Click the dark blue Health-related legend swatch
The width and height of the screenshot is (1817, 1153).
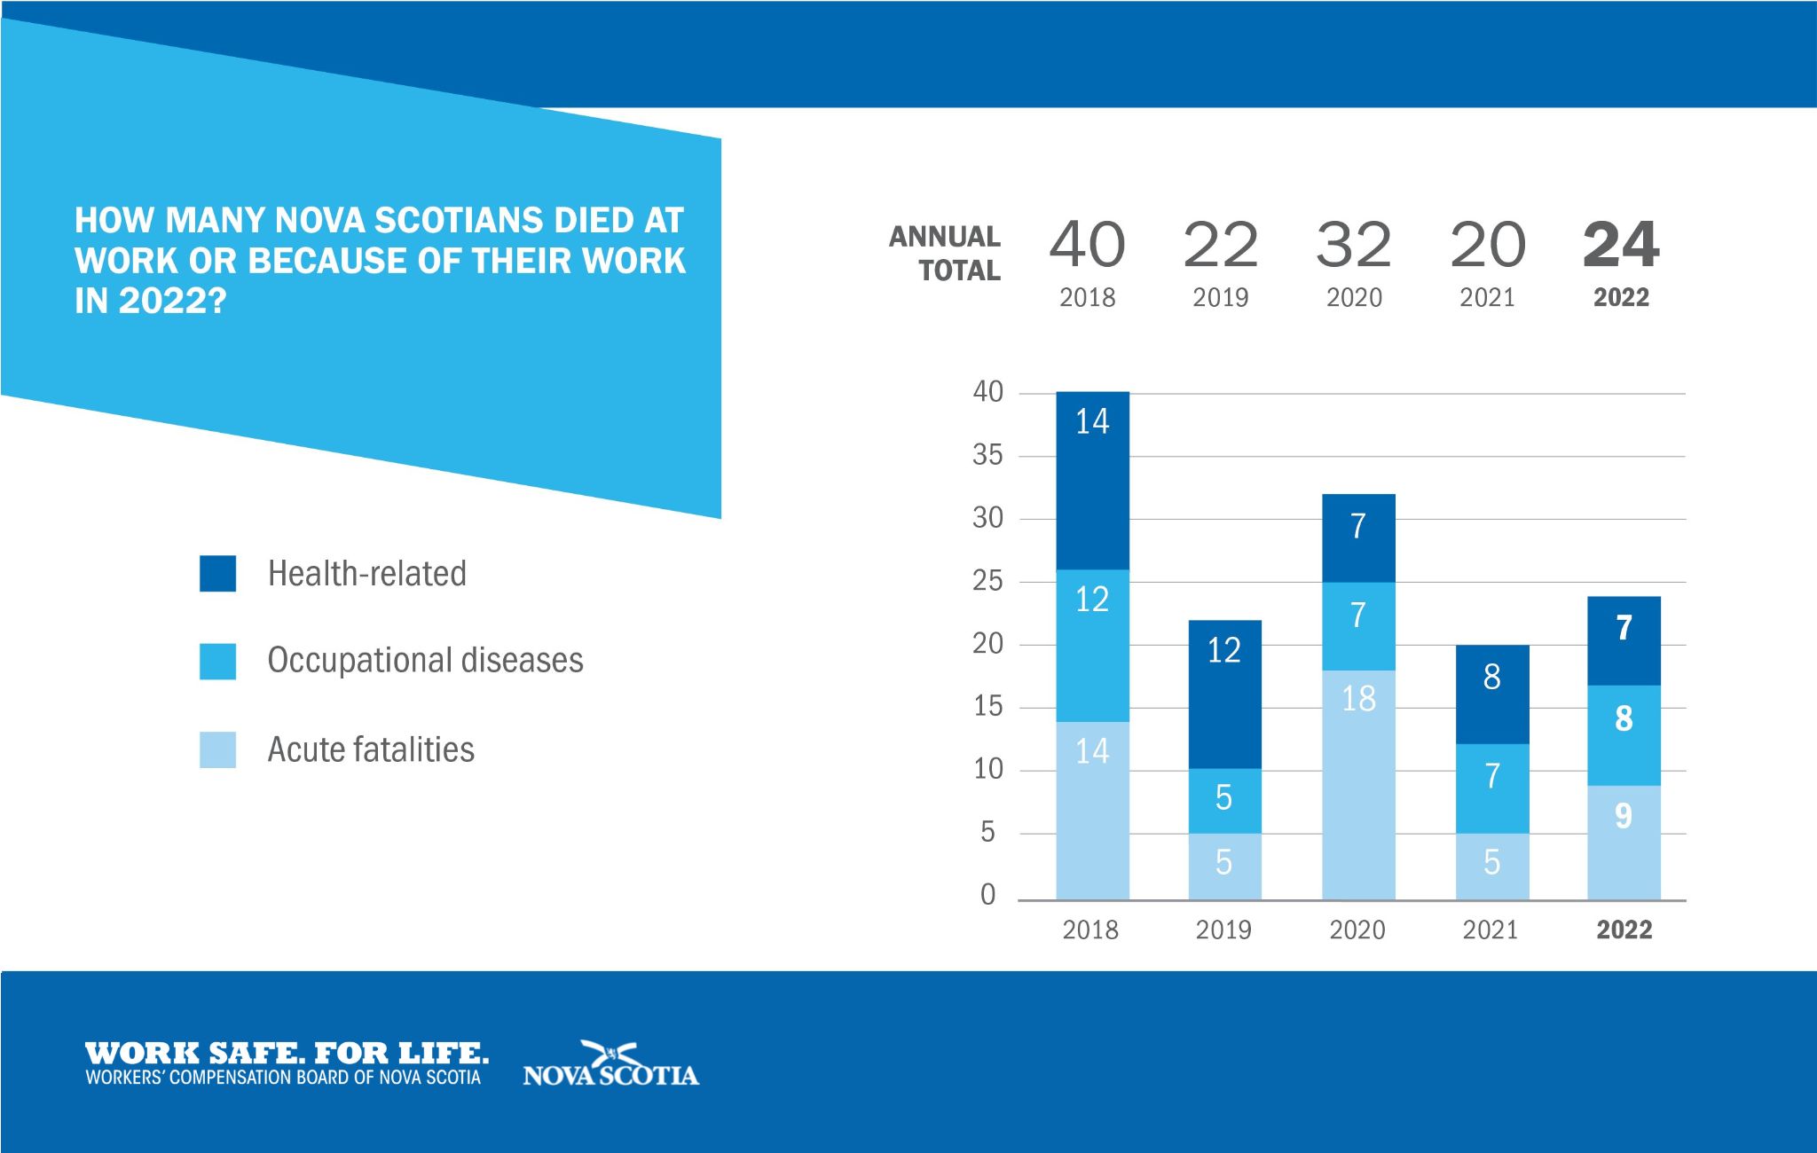[x=217, y=573]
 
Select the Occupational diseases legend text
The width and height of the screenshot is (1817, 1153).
[x=425, y=661]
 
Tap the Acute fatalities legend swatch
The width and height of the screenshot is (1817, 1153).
[x=217, y=749]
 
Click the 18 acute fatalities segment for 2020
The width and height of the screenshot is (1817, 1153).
[x=1358, y=785]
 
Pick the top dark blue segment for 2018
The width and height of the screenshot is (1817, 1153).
[x=1092, y=480]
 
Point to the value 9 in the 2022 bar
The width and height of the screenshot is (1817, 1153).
[x=1624, y=816]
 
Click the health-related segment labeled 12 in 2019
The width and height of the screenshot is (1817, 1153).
[x=1224, y=694]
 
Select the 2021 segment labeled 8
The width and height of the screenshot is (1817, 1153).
[x=1492, y=694]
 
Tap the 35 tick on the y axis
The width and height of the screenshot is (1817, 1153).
[x=987, y=456]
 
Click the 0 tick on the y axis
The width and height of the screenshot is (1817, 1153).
[x=987, y=896]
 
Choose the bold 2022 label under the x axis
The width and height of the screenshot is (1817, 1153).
[x=1624, y=930]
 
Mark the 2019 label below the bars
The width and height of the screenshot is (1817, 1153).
[x=1223, y=930]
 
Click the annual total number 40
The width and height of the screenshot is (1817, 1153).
[x=1087, y=245]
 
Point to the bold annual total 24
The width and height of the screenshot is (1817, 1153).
[x=1621, y=245]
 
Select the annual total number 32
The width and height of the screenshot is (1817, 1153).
[x=1354, y=245]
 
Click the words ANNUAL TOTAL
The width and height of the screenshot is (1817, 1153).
[x=946, y=253]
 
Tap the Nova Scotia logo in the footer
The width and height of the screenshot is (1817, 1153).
[x=610, y=1064]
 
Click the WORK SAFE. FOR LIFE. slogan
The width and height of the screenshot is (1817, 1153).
[x=287, y=1054]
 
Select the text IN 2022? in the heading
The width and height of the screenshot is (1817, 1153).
[x=151, y=302]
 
